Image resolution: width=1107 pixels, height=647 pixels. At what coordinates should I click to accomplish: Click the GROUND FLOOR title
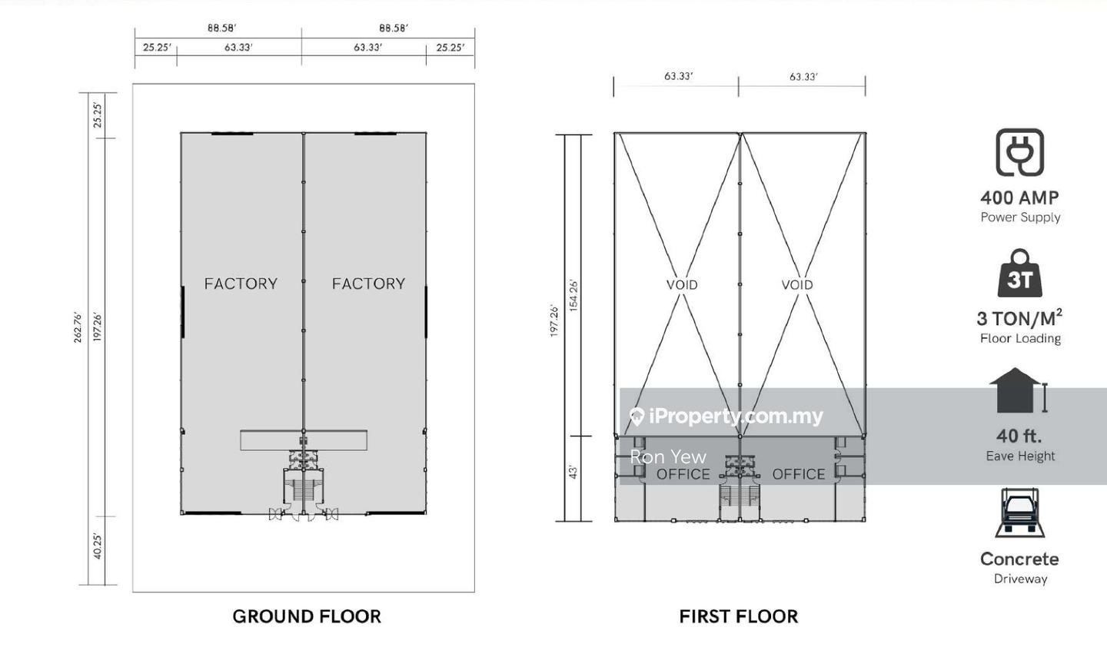click(x=307, y=616)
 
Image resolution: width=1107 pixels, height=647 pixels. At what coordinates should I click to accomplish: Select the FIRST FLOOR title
click(x=739, y=616)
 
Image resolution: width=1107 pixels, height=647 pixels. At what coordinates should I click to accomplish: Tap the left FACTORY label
click(x=241, y=284)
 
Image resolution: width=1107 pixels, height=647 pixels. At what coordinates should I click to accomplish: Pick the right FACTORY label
click(x=369, y=284)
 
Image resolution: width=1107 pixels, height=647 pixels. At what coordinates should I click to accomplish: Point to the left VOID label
click(x=682, y=285)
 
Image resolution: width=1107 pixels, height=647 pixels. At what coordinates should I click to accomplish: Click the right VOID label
click(x=797, y=285)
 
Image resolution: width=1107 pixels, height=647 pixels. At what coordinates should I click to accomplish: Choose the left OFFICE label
click(x=683, y=474)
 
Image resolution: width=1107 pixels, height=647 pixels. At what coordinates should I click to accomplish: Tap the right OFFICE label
click(x=799, y=474)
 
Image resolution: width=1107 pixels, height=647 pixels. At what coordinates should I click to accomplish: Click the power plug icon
click(x=1020, y=152)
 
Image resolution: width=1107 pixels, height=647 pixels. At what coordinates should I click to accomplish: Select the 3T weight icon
click(x=1020, y=273)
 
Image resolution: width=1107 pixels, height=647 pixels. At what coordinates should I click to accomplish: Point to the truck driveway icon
click(x=1020, y=513)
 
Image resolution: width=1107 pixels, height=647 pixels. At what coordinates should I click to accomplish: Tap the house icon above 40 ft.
click(x=1015, y=390)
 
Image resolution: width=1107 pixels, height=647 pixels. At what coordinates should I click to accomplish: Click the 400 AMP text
click(x=1020, y=198)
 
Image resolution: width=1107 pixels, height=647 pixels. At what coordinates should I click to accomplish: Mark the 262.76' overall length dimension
click(x=78, y=327)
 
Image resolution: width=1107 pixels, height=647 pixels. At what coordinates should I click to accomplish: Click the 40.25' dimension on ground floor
click(x=98, y=546)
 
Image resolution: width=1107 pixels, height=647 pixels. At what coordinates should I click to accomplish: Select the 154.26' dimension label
click(x=573, y=295)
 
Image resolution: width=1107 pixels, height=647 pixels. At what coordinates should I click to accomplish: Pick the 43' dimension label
click(x=573, y=472)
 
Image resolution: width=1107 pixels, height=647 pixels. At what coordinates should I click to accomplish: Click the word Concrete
click(x=1020, y=559)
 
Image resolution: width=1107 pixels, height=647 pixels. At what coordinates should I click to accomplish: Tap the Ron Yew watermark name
click(x=668, y=457)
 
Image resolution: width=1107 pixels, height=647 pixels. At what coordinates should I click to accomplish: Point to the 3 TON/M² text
click(x=1020, y=318)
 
